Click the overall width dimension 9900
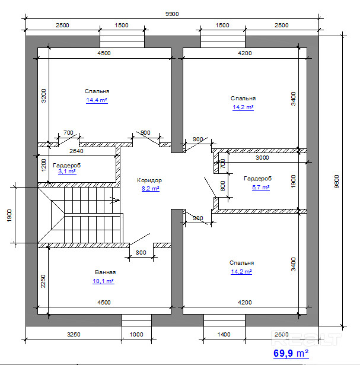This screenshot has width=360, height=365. pyautogui.click(x=172, y=14)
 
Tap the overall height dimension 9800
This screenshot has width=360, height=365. pyautogui.click(x=337, y=182)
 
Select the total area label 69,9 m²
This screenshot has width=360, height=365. pyautogui.click(x=291, y=353)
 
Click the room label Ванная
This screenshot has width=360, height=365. pyautogui.click(x=106, y=272)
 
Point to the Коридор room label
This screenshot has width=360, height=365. pyautogui.click(x=149, y=180)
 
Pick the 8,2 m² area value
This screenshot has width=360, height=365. pyautogui.click(x=151, y=188)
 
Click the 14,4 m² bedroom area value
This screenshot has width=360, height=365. pyautogui.click(x=97, y=100)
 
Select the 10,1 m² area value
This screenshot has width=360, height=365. pyautogui.click(x=103, y=281)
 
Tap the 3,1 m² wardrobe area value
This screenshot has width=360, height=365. pyautogui.click(x=67, y=172)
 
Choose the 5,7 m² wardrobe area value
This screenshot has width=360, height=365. pyautogui.click(x=261, y=188)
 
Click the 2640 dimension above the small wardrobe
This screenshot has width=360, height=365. pyautogui.click(x=77, y=151)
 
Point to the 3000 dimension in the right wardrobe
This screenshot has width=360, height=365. pyautogui.click(x=262, y=158)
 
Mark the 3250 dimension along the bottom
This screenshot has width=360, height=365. pyautogui.click(x=74, y=335)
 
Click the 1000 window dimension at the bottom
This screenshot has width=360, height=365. pyautogui.click(x=136, y=335)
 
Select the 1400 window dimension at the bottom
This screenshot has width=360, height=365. pyautogui.click(x=224, y=335)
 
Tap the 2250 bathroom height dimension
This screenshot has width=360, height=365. pyautogui.click(x=43, y=281)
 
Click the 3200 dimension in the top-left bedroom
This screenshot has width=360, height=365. pyautogui.click(x=43, y=96)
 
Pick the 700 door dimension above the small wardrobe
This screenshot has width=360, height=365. pyautogui.click(x=68, y=133)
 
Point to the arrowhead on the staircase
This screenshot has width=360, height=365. pyautogui.click(x=115, y=200)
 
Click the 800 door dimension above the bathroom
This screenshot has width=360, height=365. pyautogui.click(x=141, y=253)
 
